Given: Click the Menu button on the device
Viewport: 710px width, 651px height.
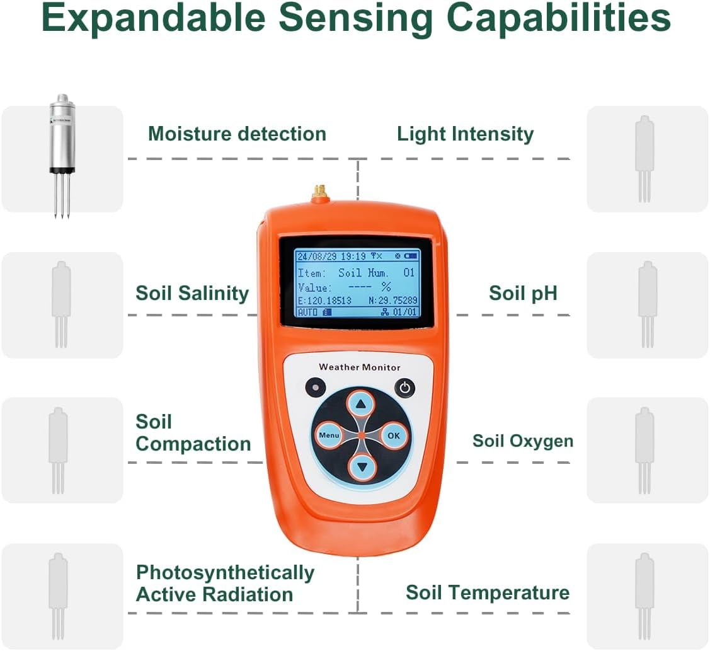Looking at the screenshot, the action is pyautogui.click(x=329, y=435).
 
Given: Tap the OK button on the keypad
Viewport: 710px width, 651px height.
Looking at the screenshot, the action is pyautogui.click(x=394, y=435).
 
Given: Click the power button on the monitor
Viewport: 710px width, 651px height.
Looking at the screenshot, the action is pyautogui.click(x=405, y=388).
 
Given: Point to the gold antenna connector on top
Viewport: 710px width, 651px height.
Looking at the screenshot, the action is pyautogui.click(x=319, y=193).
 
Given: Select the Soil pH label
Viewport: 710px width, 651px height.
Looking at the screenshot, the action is pyautogui.click(x=523, y=293).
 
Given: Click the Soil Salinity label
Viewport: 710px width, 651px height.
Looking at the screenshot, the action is pyautogui.click(x=192, y=293).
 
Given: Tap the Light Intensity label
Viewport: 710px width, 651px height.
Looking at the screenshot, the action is pyautogui.click(x=466, y=134).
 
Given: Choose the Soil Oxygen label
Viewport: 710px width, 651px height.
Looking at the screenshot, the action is pyautogui.click(x=523, y=441).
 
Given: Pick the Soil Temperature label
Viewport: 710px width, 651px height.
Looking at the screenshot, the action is pyautogui.click(x=488, y=592).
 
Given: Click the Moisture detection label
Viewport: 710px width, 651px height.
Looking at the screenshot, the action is pyautogui.click(x=238, y=134).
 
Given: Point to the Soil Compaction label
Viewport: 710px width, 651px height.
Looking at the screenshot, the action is pyautogui.click(x=193, y=433).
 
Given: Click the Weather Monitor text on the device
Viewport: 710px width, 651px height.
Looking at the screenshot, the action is pyautogui.click(x=360, y=367).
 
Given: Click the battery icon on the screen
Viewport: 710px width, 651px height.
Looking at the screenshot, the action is pyautogui.click(x=411, y=256).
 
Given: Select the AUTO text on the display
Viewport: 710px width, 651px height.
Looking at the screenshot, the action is pyautogui.click(x=308, y=312).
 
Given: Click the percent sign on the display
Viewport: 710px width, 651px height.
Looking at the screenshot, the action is pyautogui.click(x=386, y=287).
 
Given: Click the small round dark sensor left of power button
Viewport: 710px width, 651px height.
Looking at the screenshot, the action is pyautogui.click(x=316, y=388).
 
